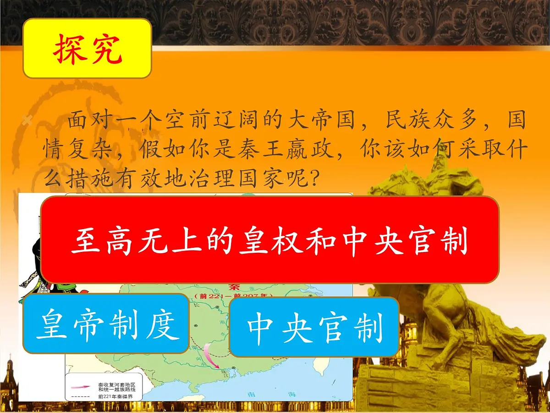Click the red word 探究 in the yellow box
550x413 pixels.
[87, 49]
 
